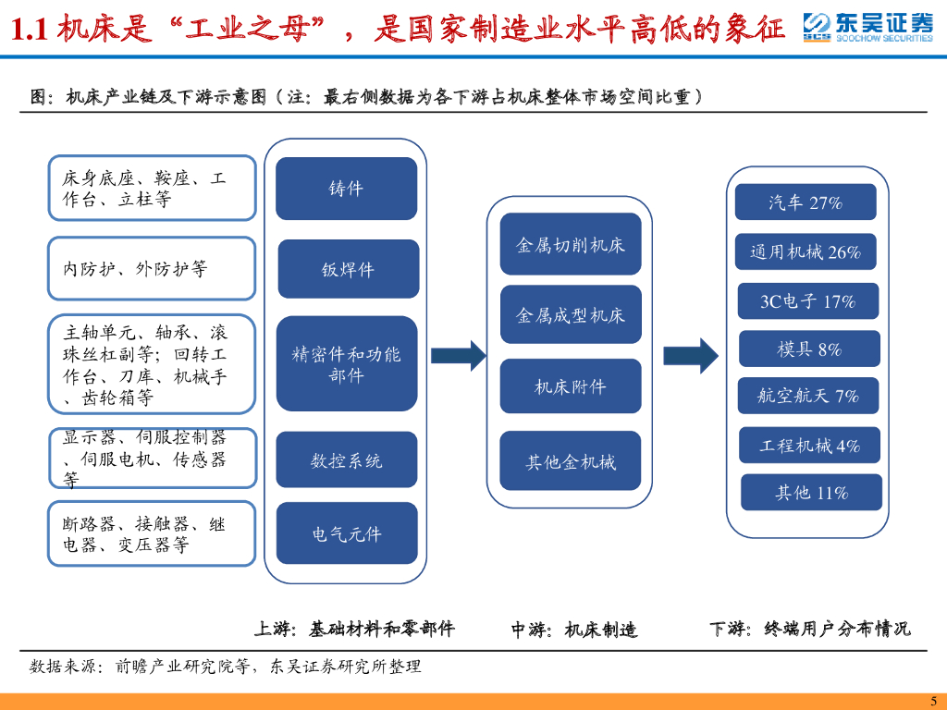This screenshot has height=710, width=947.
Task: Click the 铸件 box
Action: (x=347, y=189)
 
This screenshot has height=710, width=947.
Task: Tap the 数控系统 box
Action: (x=347, y=459)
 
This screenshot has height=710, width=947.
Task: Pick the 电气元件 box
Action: (x=347, y=533)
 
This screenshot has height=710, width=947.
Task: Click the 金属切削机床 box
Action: (x=570, y=244)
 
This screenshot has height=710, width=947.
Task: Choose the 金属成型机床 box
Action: (x=570, y=315)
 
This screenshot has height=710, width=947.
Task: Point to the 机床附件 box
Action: (x=570, y=386)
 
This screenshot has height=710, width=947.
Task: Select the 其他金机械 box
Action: (x=570, y=460)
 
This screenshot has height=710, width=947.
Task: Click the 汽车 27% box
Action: (x=805, y=202)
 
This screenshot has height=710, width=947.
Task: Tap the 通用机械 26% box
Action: (x=805, y=251)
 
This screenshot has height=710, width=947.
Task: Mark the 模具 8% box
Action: (x=809, y=349)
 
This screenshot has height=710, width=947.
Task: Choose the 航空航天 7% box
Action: (x=808, y=396)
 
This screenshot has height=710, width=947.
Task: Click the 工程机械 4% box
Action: (x=809, y=445)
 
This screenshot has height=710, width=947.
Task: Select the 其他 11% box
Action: (x=811, y=492)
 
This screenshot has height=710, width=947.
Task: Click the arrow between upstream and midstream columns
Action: (x=458, y=354)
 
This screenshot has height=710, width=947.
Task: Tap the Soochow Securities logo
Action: (x=867, y=28)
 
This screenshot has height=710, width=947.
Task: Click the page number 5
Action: (x=933, y=700)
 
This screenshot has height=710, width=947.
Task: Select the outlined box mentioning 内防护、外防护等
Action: (x=152, y=268)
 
